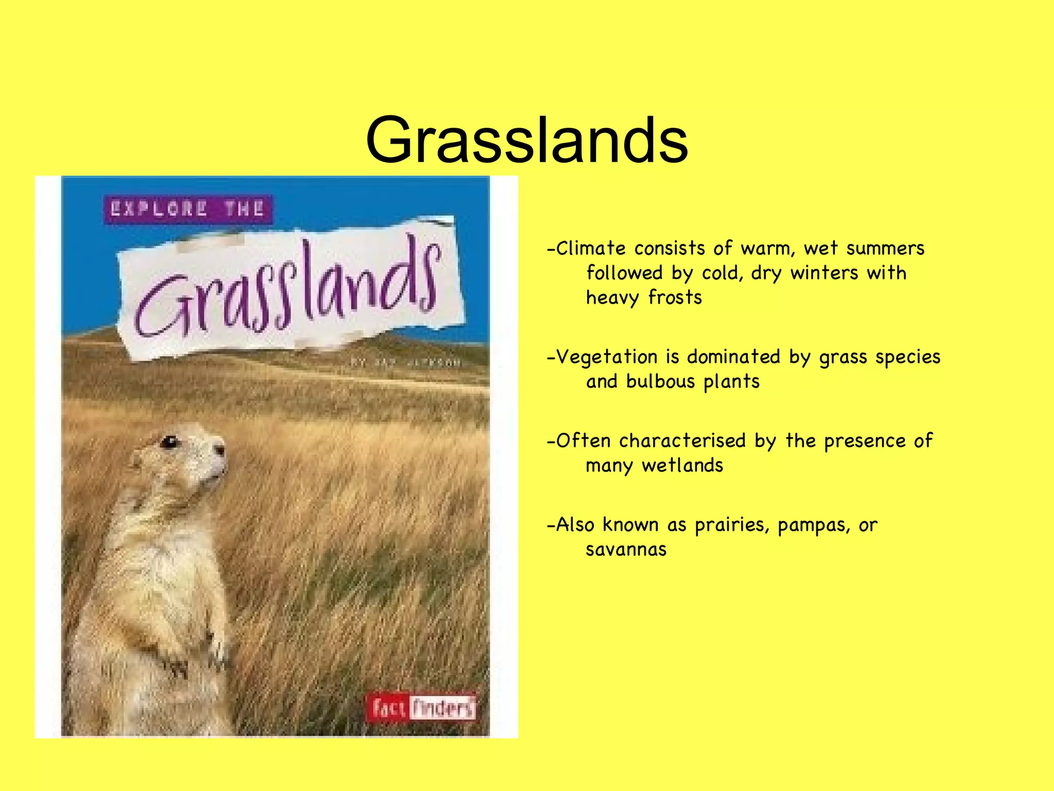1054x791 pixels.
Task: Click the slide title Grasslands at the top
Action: point(526,140)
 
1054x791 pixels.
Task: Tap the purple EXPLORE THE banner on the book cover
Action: point(188,209)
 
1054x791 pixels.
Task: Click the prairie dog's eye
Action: point(170,441)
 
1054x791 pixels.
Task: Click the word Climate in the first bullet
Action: point(591,249)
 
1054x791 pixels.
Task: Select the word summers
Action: point(885,249)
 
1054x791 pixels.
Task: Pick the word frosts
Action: point(675,298)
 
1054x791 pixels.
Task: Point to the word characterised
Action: point(682,441)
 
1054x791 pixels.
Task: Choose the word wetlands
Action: point(682,466)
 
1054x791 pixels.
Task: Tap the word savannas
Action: point(626,550)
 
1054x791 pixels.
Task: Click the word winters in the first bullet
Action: point(824,273)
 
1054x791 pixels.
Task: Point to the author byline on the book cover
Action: point(406,363)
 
